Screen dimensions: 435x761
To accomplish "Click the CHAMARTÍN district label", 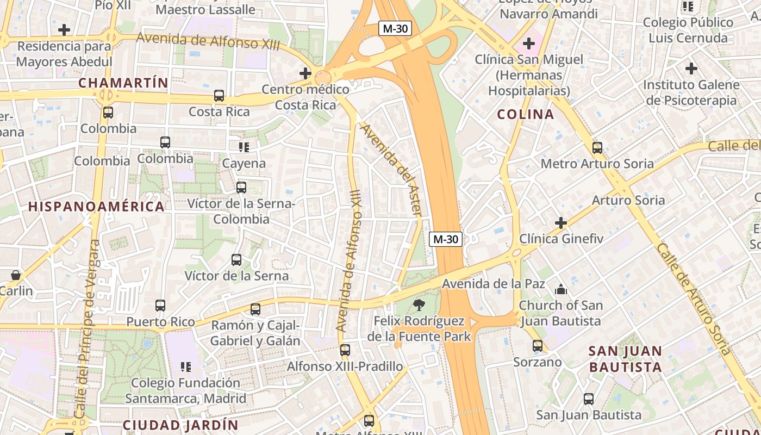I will pos(123,83).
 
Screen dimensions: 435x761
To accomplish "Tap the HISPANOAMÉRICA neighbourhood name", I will pos(96,207).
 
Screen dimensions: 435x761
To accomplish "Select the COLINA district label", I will pos(526,114).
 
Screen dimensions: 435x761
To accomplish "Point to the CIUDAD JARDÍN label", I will pos(180,425).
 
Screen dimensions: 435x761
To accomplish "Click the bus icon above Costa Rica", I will pos(219,96).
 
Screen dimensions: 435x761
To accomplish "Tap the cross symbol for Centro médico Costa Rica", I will pos(305,73).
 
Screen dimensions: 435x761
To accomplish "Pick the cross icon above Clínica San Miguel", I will pos(528,43).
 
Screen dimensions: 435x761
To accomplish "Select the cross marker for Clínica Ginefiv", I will pos(561,223).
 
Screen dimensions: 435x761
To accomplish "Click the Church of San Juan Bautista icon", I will pos(560,289).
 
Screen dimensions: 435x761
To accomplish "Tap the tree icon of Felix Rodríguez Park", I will pos(419,305).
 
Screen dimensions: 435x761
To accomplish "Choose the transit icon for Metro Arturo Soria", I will pos(597,148).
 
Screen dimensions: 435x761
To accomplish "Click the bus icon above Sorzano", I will pos(538,346).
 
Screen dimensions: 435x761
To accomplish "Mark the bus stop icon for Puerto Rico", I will pos(160,306).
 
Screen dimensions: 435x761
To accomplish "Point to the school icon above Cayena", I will pos(244,147).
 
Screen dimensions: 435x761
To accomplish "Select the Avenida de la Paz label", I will pos(493,284).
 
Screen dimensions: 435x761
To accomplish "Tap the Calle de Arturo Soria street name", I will pos(694,299).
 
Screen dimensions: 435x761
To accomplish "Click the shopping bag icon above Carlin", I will pos(16,275).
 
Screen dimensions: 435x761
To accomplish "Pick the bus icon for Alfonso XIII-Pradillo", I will pos(345,350).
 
